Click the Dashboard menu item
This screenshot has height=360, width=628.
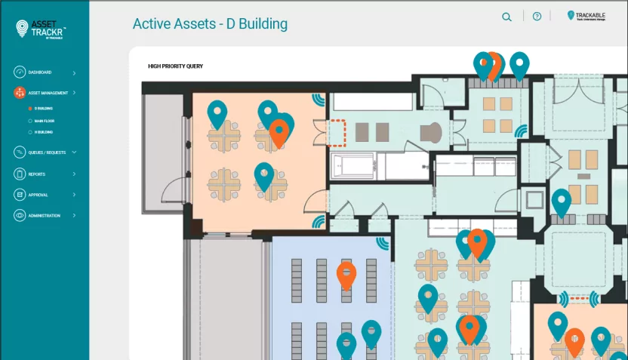tap(40, 72)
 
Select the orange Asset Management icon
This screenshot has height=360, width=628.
tap(20, 94)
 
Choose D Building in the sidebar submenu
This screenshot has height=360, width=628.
tap(43, 109)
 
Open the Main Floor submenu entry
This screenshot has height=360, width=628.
tap(45, 121)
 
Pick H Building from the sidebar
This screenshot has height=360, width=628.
tap(43, 132)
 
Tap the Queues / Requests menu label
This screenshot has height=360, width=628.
tap(47, 152)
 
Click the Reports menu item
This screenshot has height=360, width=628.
tap(37, 174)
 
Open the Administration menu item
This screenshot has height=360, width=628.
tap(44, 216)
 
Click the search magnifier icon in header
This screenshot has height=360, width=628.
tap(506, 17)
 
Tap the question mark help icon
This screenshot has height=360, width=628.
tap(537, 17)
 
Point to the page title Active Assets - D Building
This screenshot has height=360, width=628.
tap(210, 23)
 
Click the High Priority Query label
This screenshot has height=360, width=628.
tap(175, 66)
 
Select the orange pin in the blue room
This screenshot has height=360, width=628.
tap(346, 275)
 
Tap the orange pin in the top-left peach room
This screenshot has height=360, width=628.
tap(279, 132)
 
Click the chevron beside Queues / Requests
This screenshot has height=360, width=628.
tap(74, 152)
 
